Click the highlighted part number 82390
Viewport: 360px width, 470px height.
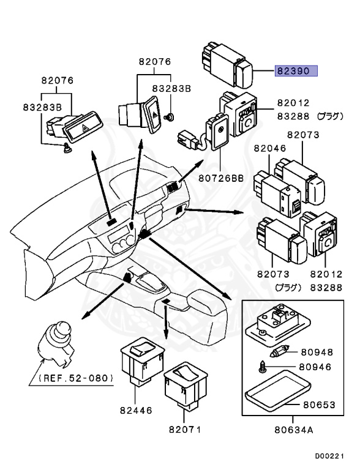click(296, 71)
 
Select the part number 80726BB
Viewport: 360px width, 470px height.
click(221, 178)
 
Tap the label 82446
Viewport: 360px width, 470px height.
click(136, 410)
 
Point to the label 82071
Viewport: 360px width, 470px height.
click(185, 429)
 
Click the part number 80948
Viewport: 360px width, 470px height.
click(317, 352)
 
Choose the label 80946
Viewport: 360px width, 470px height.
click(315, 367)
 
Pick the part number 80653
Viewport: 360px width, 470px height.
click(319, 405)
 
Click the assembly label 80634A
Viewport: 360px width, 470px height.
click(294, 430)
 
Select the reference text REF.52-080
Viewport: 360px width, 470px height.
click(75, 378)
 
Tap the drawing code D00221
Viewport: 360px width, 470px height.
click(329, 456)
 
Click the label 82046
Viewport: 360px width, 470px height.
click(270, 148)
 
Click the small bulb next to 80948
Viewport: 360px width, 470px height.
click(279, 352)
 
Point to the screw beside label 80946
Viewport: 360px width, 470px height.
click(262, 367)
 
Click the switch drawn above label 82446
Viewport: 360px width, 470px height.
click(143, 364)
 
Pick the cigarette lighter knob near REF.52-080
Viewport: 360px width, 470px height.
click(56, 344)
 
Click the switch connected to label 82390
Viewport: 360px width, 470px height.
click(227, 65)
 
